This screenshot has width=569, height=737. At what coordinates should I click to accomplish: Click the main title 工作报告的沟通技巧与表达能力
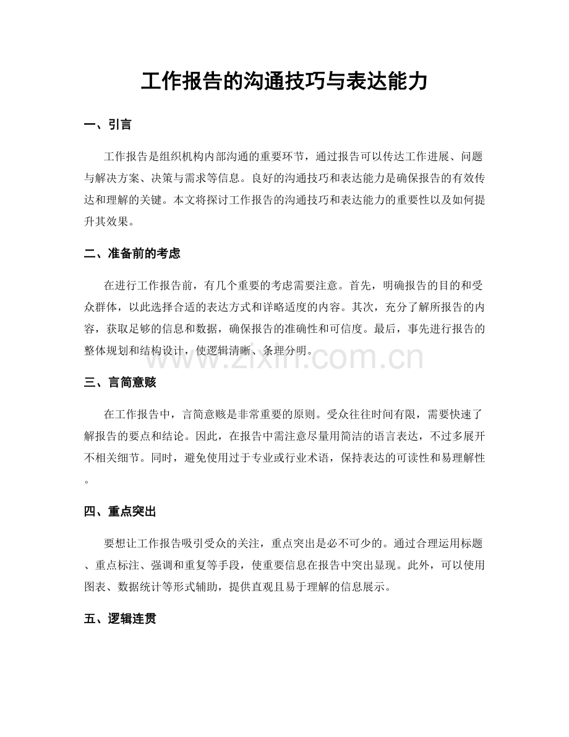coord(284,81)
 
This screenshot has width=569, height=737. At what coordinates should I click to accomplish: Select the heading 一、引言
coord(108,125)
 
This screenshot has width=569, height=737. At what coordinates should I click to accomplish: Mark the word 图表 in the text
coord(96,588)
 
